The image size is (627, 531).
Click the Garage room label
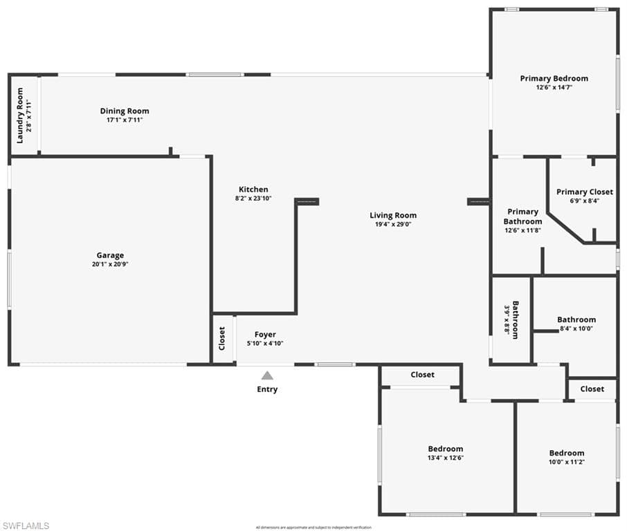click(110, 255)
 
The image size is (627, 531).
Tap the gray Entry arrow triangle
click(267, 375)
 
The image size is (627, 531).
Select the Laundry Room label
click(20, 115)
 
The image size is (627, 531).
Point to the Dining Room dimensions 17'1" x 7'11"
click(124, 120)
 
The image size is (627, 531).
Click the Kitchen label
click(253, 189)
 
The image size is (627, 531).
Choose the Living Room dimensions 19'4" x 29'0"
click(393, 224)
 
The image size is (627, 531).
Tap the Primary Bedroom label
click(554, 79)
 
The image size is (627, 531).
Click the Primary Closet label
click(584, 192)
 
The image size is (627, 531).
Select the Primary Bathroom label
click(522, 216)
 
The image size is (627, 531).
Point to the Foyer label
click(265, 335)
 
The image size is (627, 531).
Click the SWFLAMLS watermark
click(26, 526)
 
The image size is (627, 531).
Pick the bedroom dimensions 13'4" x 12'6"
click(445, 458)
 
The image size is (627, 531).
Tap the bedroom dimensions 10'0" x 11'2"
click(566, 462)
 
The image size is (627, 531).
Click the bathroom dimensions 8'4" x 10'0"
click(576, 328)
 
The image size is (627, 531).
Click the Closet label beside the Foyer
click(222, 339)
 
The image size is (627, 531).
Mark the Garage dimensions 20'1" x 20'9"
click(110, 264)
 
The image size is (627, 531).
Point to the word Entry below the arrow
click(267, 389)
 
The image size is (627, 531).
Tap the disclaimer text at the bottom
click(313, 527)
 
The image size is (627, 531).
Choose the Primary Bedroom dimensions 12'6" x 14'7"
click(554, 88)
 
